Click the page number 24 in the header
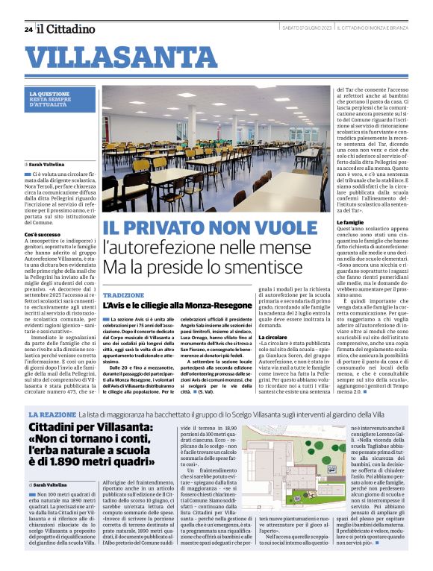click(28, 29)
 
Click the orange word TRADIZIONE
click(123, 296)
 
